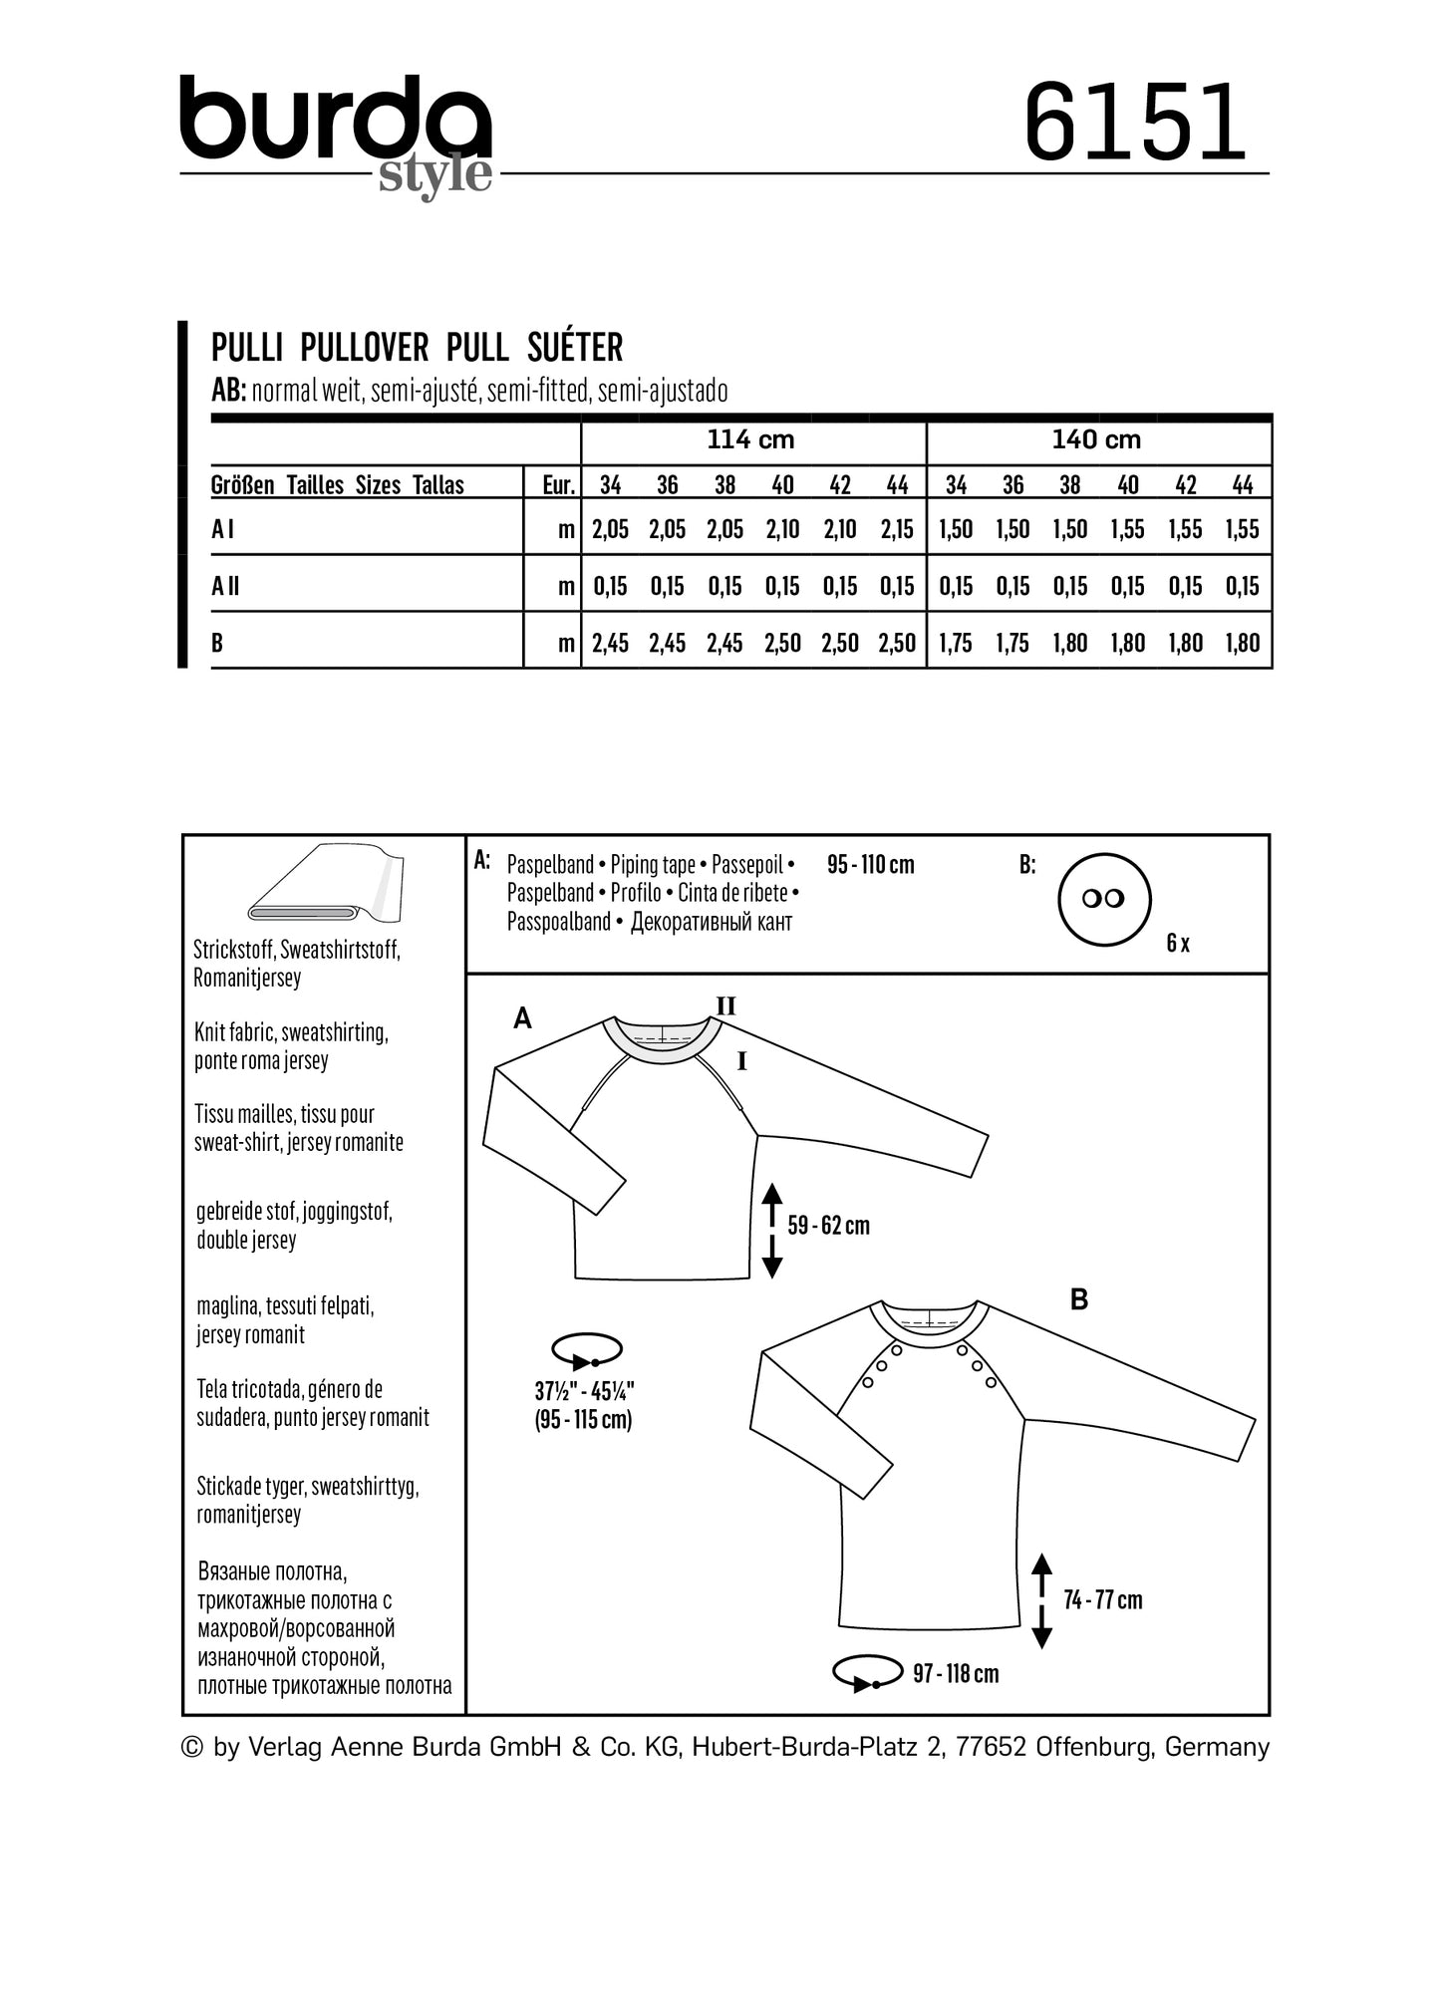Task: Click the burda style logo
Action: pyautogui.click(x=336, y=134)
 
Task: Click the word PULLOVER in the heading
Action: pyautogui.click(x=364, y=347)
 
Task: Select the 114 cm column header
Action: pyautogui.click(x=750, y=439)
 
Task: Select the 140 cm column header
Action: pyautogui.click(x=1096, y=439)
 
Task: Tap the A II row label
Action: pyautogui.click(x=225, y=586)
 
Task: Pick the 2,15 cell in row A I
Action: pyautogui.click(x=897, y=529)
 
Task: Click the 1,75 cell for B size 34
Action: pyautogui.click(x=955, y=643)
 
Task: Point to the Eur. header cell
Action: pyautogui.click(x=557, y=485)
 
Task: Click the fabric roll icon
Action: pyautogui.click(x=324, y=884)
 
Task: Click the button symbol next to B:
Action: pyautogui.click(x=1103, y=898)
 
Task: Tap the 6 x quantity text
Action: pyautogui.click(x=1177, y=943)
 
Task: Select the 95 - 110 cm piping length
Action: pyautogui.click(x=870, y=864)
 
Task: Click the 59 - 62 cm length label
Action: pyautogui.click(x=828, y=1225)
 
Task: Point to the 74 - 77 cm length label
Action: pyautogui.click(x=1102, y=1599)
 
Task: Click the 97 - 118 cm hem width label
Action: pyautogui.click(x=955, y=1673)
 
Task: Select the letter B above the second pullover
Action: pyautogui.click(x=1078, y=1299)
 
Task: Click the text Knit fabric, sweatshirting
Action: pyautogui.click(x=291, y=1032)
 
